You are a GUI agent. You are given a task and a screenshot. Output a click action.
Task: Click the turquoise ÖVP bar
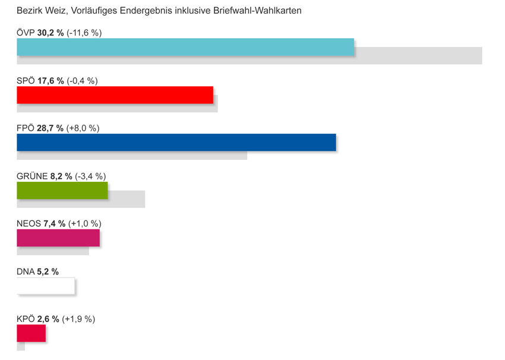(185, 47)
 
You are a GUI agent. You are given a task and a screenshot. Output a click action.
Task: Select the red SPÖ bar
(115, 95)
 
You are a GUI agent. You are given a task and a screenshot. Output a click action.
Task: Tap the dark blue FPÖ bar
(176, 143)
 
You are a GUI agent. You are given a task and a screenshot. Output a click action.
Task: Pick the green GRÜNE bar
(62, 190)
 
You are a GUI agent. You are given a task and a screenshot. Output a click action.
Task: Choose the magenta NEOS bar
(58, 238)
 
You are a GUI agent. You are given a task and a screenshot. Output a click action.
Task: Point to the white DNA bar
(46, 286)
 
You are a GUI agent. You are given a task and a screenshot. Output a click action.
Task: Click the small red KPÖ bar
(31, 333)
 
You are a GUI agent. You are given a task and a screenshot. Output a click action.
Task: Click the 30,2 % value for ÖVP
(50, 33)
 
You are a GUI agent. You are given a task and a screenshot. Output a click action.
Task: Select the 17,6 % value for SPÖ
(50, 81)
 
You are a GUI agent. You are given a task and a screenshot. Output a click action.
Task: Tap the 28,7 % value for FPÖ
(50, 128)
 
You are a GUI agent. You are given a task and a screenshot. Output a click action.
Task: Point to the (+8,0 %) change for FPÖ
(83, 128)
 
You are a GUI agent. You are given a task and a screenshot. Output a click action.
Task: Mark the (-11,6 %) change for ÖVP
(84, 33)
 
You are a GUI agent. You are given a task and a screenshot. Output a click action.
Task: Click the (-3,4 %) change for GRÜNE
(90, 176)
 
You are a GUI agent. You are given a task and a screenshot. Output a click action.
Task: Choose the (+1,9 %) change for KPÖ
(78, 319)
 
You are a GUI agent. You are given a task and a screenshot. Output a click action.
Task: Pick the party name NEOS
(29, 224)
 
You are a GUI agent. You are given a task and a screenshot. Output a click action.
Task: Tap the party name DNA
(26, 271)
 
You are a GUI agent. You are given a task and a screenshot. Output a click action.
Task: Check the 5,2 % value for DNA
(48, 271)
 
